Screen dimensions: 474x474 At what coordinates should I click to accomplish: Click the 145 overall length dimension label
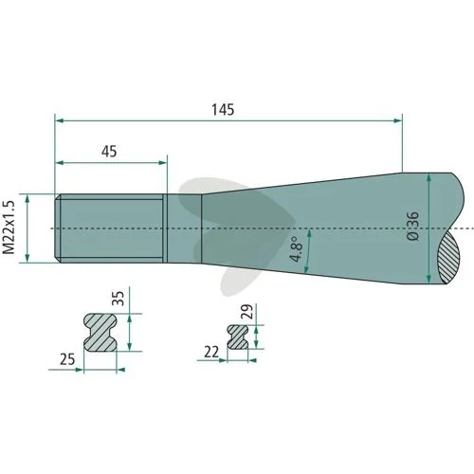pos(223,110)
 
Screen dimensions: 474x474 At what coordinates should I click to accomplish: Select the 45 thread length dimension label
pos(109,152)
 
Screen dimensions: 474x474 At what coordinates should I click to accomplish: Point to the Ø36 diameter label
pos(413,227)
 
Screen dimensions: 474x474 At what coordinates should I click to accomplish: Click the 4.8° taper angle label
pos(297,249)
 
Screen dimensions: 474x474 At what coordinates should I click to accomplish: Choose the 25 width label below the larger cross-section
pos(67,359)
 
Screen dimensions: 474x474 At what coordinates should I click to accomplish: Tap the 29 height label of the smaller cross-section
pos(246,312)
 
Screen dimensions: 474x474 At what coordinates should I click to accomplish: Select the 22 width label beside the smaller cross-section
pos(211,353)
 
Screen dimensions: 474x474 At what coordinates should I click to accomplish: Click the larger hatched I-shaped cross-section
pos(100,333)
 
